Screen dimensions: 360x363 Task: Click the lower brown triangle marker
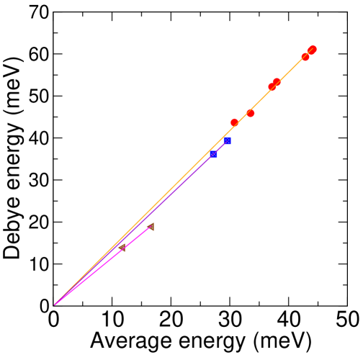(122, 248)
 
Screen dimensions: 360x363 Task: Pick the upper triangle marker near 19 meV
(151, 227)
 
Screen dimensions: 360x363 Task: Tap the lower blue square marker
(213, 154)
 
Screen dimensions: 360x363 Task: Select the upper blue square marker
(228, 141)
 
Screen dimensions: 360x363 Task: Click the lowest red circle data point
(234, 123)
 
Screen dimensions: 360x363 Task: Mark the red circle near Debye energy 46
(250, 113)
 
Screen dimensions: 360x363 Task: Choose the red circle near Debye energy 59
(305, 57)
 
